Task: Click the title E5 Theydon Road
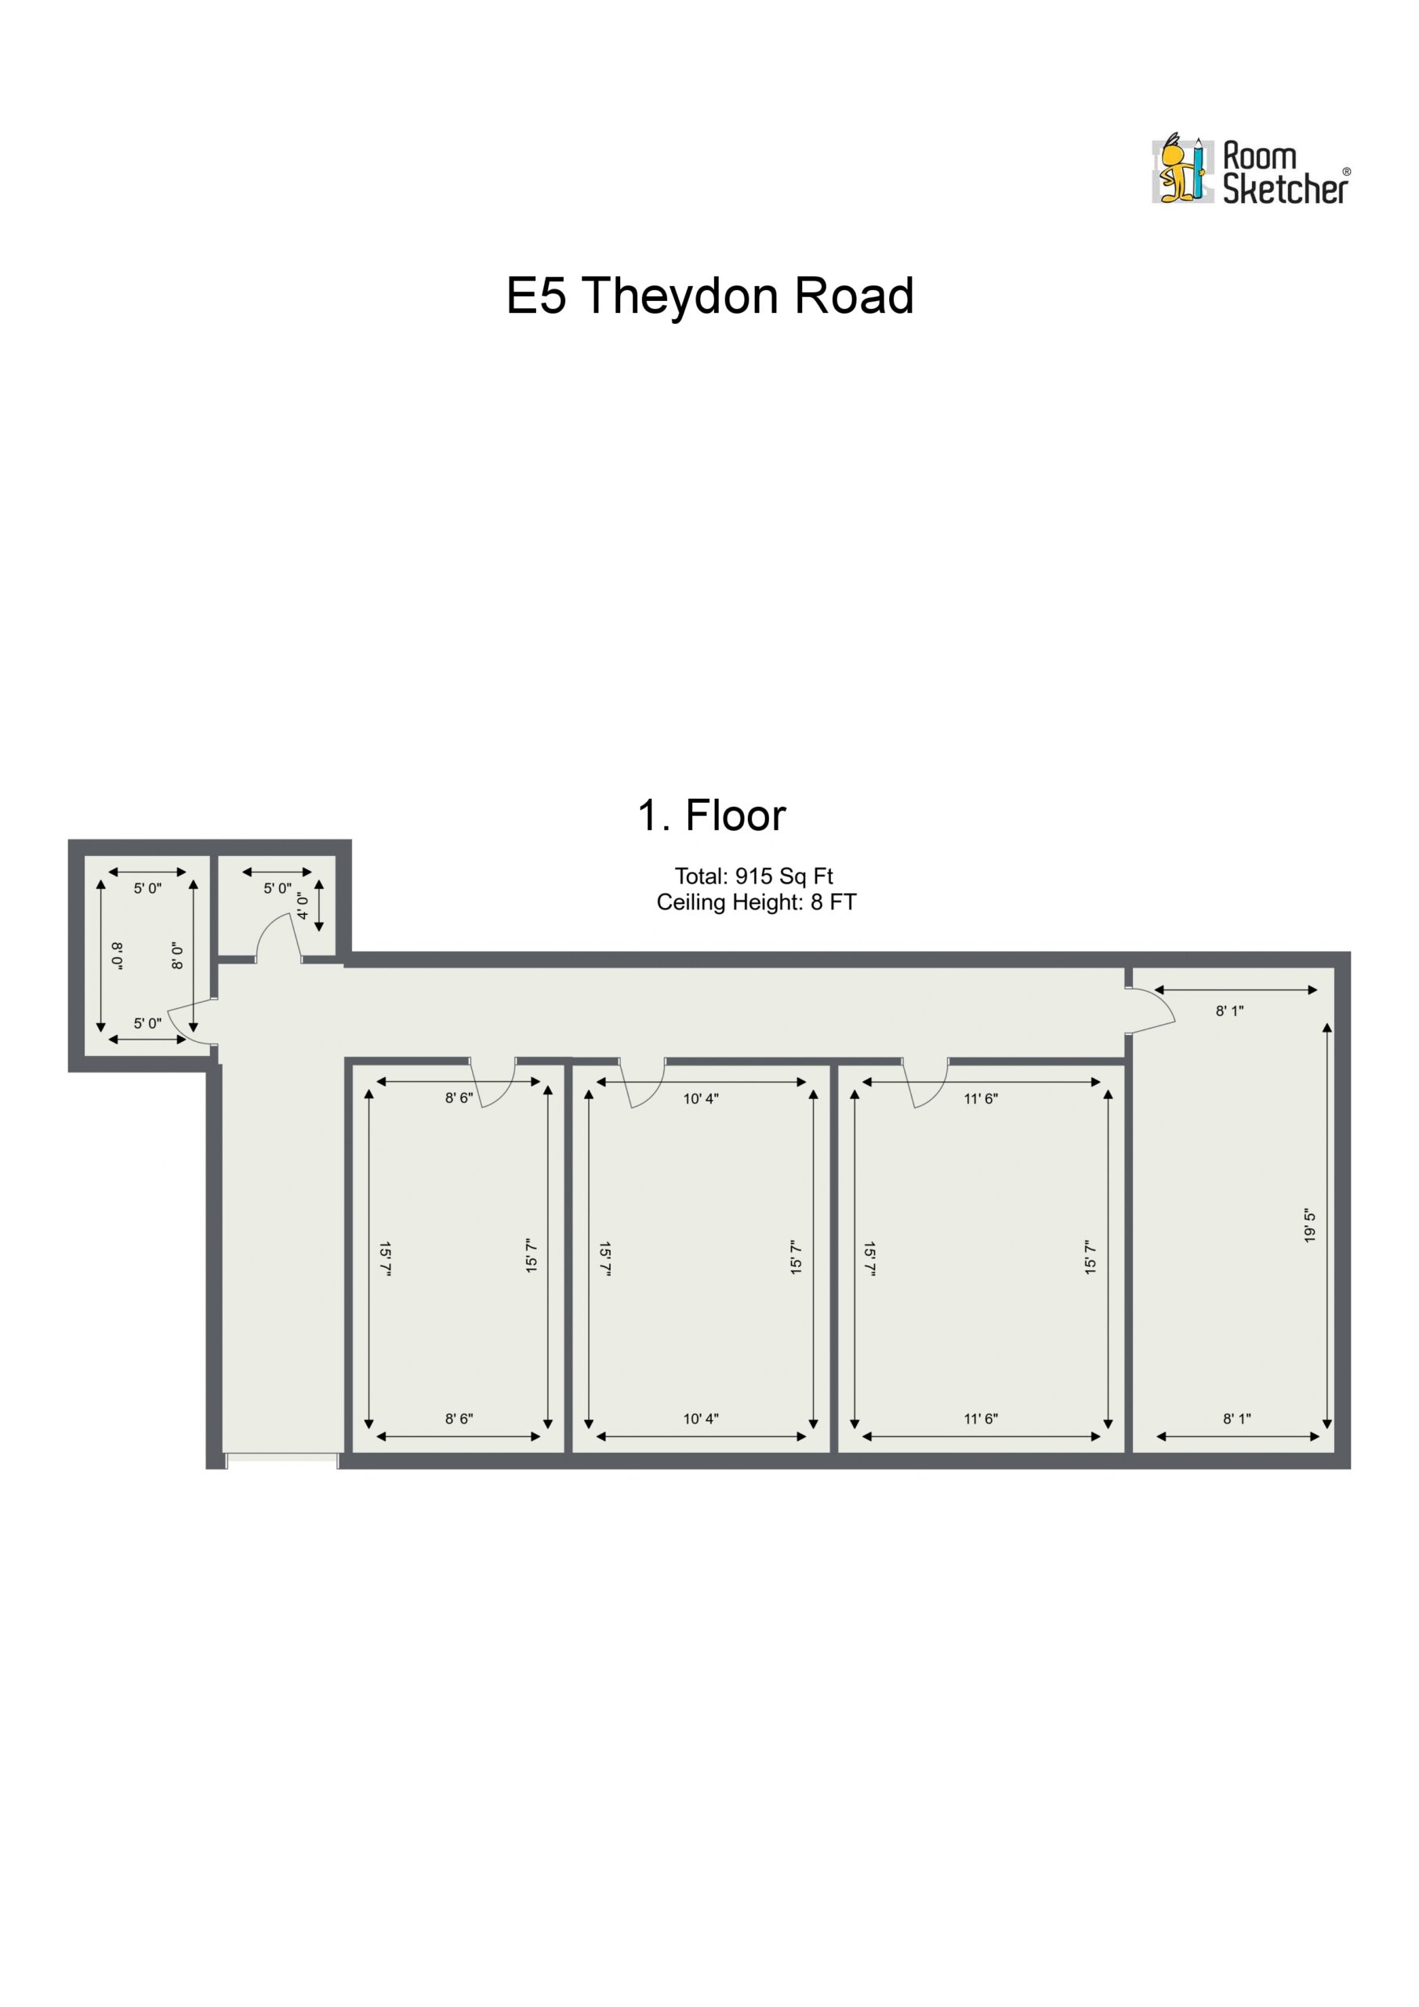[710, 296]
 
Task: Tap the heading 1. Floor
[711, 815]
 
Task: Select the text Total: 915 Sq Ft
[753, 876]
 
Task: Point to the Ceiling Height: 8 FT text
[757, 902]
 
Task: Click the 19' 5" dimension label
[1308, 1226]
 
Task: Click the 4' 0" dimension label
[303, 906]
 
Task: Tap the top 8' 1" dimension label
[1229, 1011]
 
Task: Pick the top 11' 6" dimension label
[981, 1099]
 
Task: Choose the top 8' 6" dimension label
[459, 1098]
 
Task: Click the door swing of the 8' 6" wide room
[493, 1084]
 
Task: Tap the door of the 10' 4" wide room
[642, 1084]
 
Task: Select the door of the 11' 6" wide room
[926, 1084]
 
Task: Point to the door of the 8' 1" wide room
[1151, 1011]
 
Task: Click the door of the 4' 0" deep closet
[278, 938]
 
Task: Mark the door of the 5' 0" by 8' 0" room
[192, 1021]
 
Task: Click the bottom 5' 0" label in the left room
[147, 1024]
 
